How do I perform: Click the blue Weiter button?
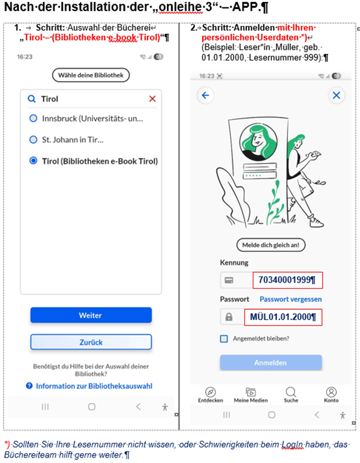(91, 315)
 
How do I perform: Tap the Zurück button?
(91, 342)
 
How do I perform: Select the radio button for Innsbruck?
(33, 119)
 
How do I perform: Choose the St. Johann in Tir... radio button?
(33, 139)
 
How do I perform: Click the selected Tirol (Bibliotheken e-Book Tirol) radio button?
(33, 160)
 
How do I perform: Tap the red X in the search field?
(152, 99)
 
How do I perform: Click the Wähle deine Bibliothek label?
(91, 75)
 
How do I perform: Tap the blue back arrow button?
(205, 95)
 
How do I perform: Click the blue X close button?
(336, 95)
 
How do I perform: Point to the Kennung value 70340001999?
(287, 280)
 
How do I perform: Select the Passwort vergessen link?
(290, 299)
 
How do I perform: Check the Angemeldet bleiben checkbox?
(224, 339)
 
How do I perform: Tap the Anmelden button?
(270, 363)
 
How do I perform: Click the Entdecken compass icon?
(211, 392)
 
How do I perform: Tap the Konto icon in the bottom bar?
(331, 392)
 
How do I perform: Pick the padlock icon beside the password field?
(229, 317)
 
